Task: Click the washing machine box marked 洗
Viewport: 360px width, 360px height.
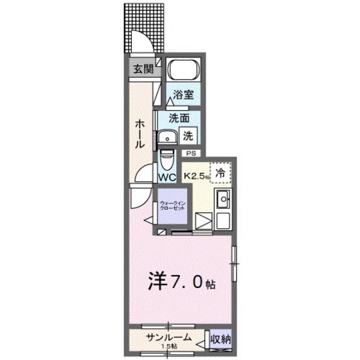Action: [188, 136]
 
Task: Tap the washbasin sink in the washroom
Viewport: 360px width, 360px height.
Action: [167, 136]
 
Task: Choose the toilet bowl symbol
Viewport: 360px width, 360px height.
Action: [166, 158]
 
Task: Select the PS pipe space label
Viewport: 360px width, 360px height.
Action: [191, 154]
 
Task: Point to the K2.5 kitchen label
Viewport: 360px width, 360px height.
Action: [197, 174]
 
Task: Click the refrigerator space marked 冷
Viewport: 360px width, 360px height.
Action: [219, 172]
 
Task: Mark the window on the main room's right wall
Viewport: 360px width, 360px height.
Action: [235, 263]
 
